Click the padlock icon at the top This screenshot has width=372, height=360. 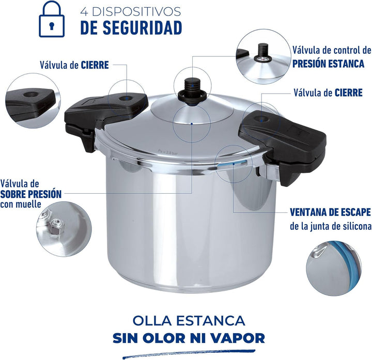pyautogui.click(x=52, y=19)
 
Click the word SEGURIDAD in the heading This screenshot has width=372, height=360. pyautogui.click(x=143, y=28)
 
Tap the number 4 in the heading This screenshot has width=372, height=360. pyautogui.click(x=84, y=11)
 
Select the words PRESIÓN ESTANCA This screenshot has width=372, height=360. pyautogui.click(x=328, y=64)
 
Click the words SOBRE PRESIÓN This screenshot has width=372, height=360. pyautogui.click(x=31, y=194)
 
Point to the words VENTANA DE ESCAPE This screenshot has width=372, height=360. pyautogui.click(x=330, y=212)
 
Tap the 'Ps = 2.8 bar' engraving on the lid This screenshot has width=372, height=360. pyautogui.click(x=168, y=152)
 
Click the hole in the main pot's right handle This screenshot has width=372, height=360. pyautogui.click(x=261, y=119)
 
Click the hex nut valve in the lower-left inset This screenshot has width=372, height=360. pyautogui.click(x=56, y=225)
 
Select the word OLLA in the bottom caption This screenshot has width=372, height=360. pyautogui.click(x=152, y=321)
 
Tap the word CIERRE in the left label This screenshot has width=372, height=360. pyautogui.click(x=95, y=65)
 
